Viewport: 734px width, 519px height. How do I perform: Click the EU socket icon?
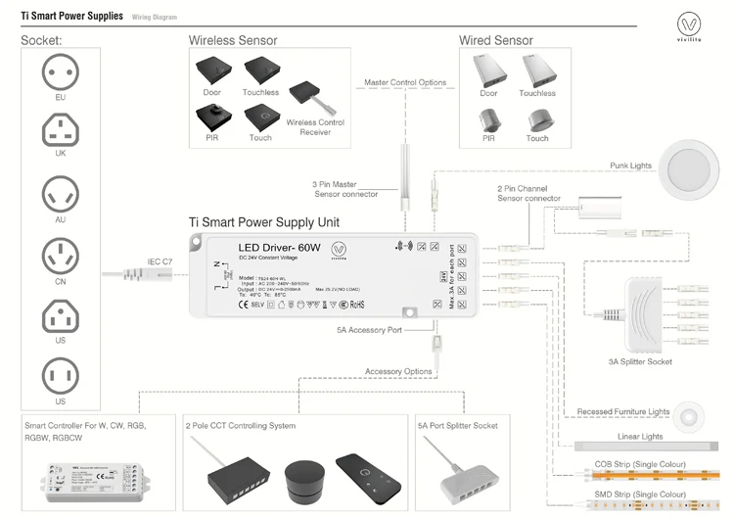coord(61,71)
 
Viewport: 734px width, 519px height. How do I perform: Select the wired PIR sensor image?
coord(488,119)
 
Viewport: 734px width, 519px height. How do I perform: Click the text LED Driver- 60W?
coord(279,249)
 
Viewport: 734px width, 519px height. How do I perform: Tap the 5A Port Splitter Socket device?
coord(458,475)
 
